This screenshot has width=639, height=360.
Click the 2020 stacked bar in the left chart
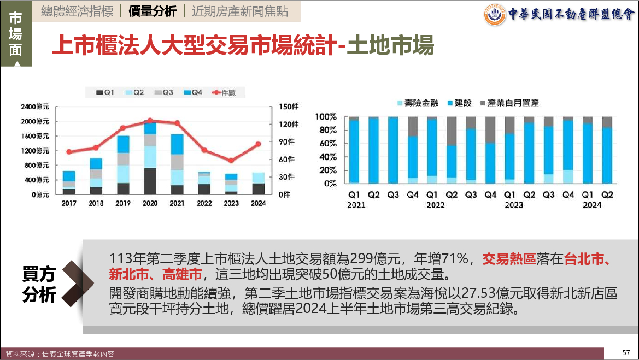click(x=150, y=158)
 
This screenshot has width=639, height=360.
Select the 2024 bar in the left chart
click(x=258, y=184)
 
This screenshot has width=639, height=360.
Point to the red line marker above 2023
click(x=231, y=161)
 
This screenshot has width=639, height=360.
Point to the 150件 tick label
click(x=288, y=106)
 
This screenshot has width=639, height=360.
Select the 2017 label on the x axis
click(x=69, y=204)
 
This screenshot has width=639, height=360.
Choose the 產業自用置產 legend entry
click(x=508, y=103)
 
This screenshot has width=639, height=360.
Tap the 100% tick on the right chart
click(x=326, y=117)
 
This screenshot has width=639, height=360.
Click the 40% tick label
click(x=328, y=157)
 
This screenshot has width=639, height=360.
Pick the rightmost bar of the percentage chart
click(x=607, y=150)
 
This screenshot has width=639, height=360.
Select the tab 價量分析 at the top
click(x=152, y=11)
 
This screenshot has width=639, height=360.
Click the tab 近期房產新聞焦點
click(x=239, y=11)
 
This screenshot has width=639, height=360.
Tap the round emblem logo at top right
click(x=494, y=15)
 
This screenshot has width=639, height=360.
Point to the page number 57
click(x=626, y=352)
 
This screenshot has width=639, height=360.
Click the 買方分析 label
click(x=39, y=284)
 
